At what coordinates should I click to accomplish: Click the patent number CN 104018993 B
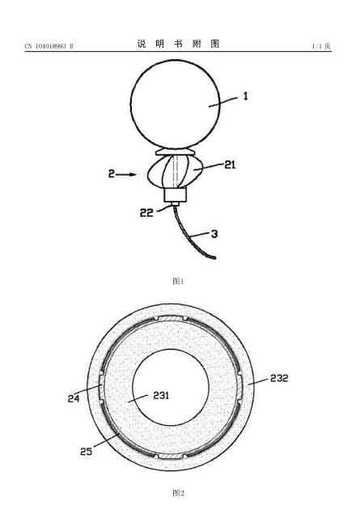(x=49, y=46)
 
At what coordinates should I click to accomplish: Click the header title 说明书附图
(x=178, y=44)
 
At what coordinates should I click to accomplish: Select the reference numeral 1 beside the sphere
(x=246, y=96)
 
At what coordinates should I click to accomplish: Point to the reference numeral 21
(x=230, y=164)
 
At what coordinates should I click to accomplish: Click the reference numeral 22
(x=146, y=213)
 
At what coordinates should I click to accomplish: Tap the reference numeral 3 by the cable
(x=214, y=234)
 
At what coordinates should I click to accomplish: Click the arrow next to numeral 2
(x=127, y=174)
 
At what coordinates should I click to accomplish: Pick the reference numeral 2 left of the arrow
(x=112, y=174)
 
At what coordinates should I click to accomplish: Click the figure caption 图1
(x=178, y=281)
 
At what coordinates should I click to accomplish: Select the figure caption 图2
(x=178, y=493)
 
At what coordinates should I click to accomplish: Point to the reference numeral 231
(x=161, y=396)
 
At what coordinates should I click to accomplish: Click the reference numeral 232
(x=279, y=378)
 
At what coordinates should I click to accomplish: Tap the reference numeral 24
(x=74, y=398)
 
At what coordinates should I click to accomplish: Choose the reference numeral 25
(x=86, y=451)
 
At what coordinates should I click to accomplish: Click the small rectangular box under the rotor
(x=175, y=195)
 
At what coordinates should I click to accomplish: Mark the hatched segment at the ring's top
(x=172, y=319)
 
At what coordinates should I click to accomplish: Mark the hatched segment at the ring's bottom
(x=172, y=456)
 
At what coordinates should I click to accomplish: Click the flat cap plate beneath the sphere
(x=176, y=152)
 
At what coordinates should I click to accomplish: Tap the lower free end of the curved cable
(x=214, y=257)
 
